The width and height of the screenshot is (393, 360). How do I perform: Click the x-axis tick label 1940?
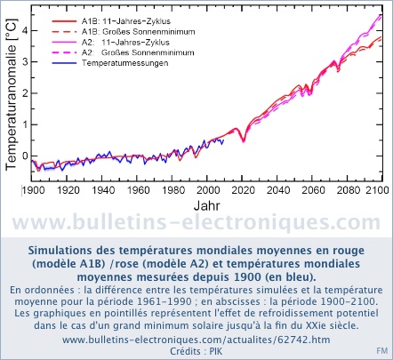click(x=102, y=190)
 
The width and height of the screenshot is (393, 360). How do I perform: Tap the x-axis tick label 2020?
click(x=243, y=190)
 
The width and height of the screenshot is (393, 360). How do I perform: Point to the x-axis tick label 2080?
click(x=349, y=190)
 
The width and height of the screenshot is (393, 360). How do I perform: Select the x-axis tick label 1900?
click(x=33, y=190)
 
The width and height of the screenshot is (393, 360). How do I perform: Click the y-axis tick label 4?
click(x=25, y=30)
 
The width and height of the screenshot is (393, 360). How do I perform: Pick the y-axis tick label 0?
click(x=25, y=156)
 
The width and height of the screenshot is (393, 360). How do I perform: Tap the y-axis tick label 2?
click(x=25, y=93)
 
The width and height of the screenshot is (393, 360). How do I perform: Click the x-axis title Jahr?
click(x=207, y=205)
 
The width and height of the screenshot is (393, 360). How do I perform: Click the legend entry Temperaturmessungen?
click(x=125, y=63)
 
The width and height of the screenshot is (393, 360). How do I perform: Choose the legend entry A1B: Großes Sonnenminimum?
click(x=139, y=32)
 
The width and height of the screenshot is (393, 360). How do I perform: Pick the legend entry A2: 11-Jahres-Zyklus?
click(x=125, y=42)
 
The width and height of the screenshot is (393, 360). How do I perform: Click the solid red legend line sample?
click(x=64, y=21)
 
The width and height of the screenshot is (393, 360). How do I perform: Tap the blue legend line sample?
click(x=64, y=63)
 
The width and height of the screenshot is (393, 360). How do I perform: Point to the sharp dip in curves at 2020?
click(x=244, y=140)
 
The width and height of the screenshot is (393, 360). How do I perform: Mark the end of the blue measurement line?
click(x=223, y=140)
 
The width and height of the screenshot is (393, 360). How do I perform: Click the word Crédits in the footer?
click(x=185, y=351)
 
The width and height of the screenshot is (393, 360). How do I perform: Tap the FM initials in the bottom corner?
click(x=382, y=351)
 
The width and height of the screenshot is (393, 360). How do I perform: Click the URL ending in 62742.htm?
click(x=196, y=340)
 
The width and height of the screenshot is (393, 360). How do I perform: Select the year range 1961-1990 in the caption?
click(x=164, y=301)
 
